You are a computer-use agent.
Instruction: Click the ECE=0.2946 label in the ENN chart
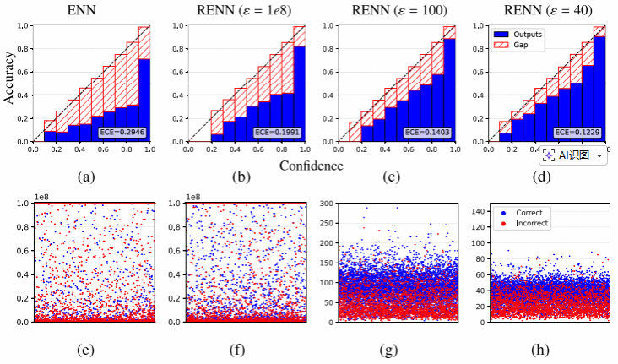click(122, 133)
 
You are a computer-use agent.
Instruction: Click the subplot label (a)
click(86, 177)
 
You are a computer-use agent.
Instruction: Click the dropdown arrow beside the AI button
click(599, 156)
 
